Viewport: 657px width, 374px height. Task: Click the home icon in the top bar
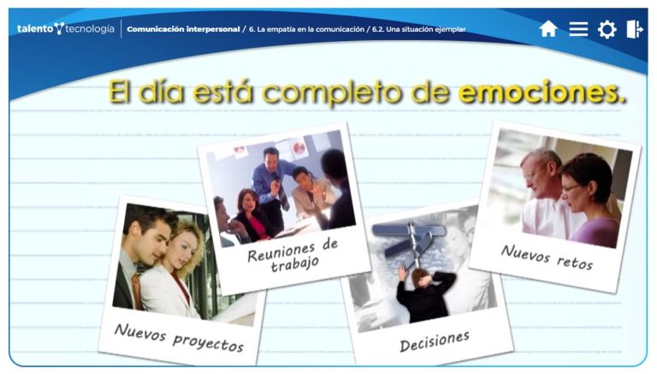pos(548,29)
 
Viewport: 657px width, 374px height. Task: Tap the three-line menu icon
pos(578,29)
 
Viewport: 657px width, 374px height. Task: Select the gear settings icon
pos(607,29)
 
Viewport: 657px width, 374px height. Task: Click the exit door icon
pos(634,29)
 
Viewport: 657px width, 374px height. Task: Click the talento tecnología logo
pos(65,29)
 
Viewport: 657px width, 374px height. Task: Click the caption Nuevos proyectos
pos(179,336)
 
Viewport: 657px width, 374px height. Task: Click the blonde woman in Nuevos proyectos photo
pos(177,264)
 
